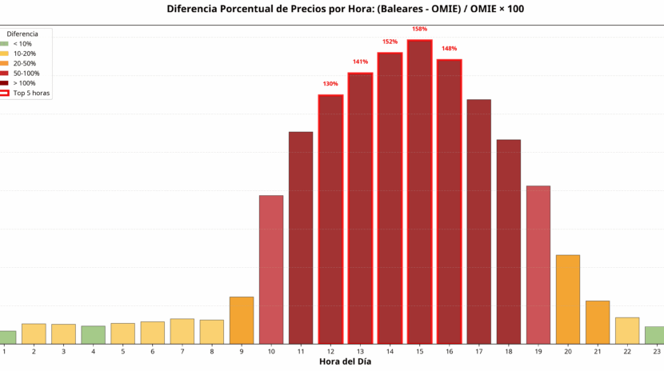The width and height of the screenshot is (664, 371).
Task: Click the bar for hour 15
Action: [419, 192]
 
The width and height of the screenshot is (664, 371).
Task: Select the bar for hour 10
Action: [271, 269]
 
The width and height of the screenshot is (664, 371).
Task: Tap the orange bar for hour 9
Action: [242, 320]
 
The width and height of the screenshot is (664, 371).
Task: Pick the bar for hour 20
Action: [568, 299]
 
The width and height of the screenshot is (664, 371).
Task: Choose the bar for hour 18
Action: [509, 241]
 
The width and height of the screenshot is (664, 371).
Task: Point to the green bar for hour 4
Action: [93, 334]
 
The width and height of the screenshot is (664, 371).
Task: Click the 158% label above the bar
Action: [419, 30]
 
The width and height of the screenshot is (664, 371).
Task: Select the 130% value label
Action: [330, 84]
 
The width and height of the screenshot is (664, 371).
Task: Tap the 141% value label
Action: [360, 62]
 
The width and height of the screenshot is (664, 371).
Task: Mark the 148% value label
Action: [449, 49]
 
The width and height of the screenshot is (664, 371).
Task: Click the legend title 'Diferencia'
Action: [22, 34]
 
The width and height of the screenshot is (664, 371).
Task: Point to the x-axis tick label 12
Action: [330, 351]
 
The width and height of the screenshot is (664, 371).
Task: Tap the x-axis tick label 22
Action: [627, 351]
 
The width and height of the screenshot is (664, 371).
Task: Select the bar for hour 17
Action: [478, 221]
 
